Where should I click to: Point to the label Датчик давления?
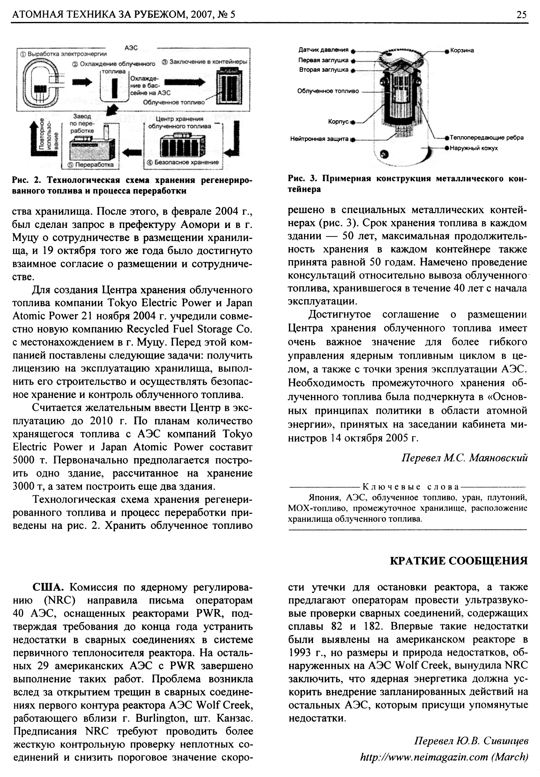point(323,50)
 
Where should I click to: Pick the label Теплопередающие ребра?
point(486,138)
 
